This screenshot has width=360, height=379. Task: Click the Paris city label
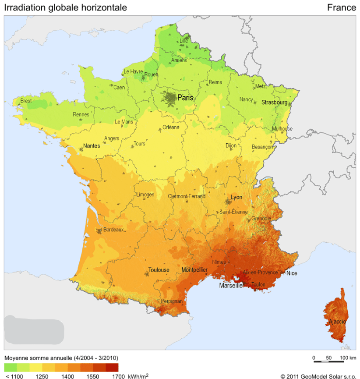tap(185, 98)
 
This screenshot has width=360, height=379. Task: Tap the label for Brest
tap(26, 101)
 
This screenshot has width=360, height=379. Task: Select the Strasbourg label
tap(274, 103)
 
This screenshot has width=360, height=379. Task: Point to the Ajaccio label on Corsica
tap(337, 322)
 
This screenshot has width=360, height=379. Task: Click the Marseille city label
tap(231, 286)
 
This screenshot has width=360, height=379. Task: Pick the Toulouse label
tap(159, 270)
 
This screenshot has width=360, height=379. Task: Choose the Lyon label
tap(236, 197)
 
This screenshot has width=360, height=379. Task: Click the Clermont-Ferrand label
tap(187, 196)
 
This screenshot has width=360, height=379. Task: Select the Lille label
tap(184, 41)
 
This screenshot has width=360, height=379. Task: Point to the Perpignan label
tap(172, 301)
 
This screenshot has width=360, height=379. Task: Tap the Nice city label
tap(292, 273)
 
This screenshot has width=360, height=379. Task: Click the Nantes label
tap(91, 146)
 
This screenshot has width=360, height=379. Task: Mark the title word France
tap(341, 7)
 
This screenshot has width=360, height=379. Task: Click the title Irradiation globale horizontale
tap(66, 7)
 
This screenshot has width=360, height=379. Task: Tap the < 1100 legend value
tap(14, 376)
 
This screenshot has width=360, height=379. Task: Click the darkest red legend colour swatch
tap(112, 367)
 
